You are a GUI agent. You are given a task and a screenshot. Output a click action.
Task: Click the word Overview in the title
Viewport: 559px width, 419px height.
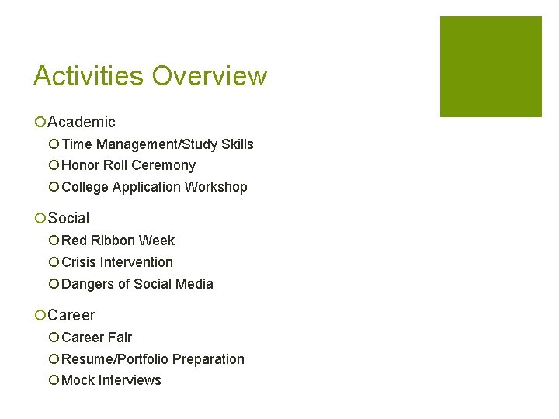pyautogui.click(x=210, y=76)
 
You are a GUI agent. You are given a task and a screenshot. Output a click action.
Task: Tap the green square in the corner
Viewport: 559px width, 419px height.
pyautogui.click(x=491, y=67)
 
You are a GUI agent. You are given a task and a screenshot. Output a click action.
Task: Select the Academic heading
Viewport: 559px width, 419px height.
pyautogui.click(x=82, y=122)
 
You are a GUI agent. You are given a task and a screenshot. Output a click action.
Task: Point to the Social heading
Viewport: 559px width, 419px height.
pyautogui.click(x=68, y=219)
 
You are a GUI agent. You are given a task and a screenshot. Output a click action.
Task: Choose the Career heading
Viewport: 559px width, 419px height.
pyautogui.click(x=71, y=315)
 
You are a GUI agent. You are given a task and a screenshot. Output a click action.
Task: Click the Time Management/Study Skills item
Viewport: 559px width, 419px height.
pyautogui.click(x=158, y=144)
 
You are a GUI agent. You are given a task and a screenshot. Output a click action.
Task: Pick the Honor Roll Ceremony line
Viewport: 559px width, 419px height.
pyautogui.click(x=128, y=165)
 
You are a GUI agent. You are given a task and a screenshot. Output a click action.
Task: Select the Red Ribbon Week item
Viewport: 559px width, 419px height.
pyautogui.click(x=118, y=241)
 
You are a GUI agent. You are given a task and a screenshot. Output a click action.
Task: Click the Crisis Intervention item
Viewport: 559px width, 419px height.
pyautogui.click(x=117, y=262)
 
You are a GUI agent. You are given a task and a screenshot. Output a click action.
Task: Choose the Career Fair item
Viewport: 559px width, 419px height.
pyautogui.click(x=97, y=338)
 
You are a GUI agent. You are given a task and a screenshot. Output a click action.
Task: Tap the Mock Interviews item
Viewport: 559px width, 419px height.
pyautogui.click(x=111, y=380)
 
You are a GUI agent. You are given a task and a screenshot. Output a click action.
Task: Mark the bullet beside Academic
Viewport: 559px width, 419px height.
pyautogui.click(x=40, y=122)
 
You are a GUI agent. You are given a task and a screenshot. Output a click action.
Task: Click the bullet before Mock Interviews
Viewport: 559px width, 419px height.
pyautogui.click(x=54, y=380)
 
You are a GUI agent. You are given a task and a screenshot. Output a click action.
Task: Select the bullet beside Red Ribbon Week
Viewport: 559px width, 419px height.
pyautogui.click(x=54, y=241)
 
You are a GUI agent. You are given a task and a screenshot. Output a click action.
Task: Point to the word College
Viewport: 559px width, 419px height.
pyautogui.click(x=85, y=187)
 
